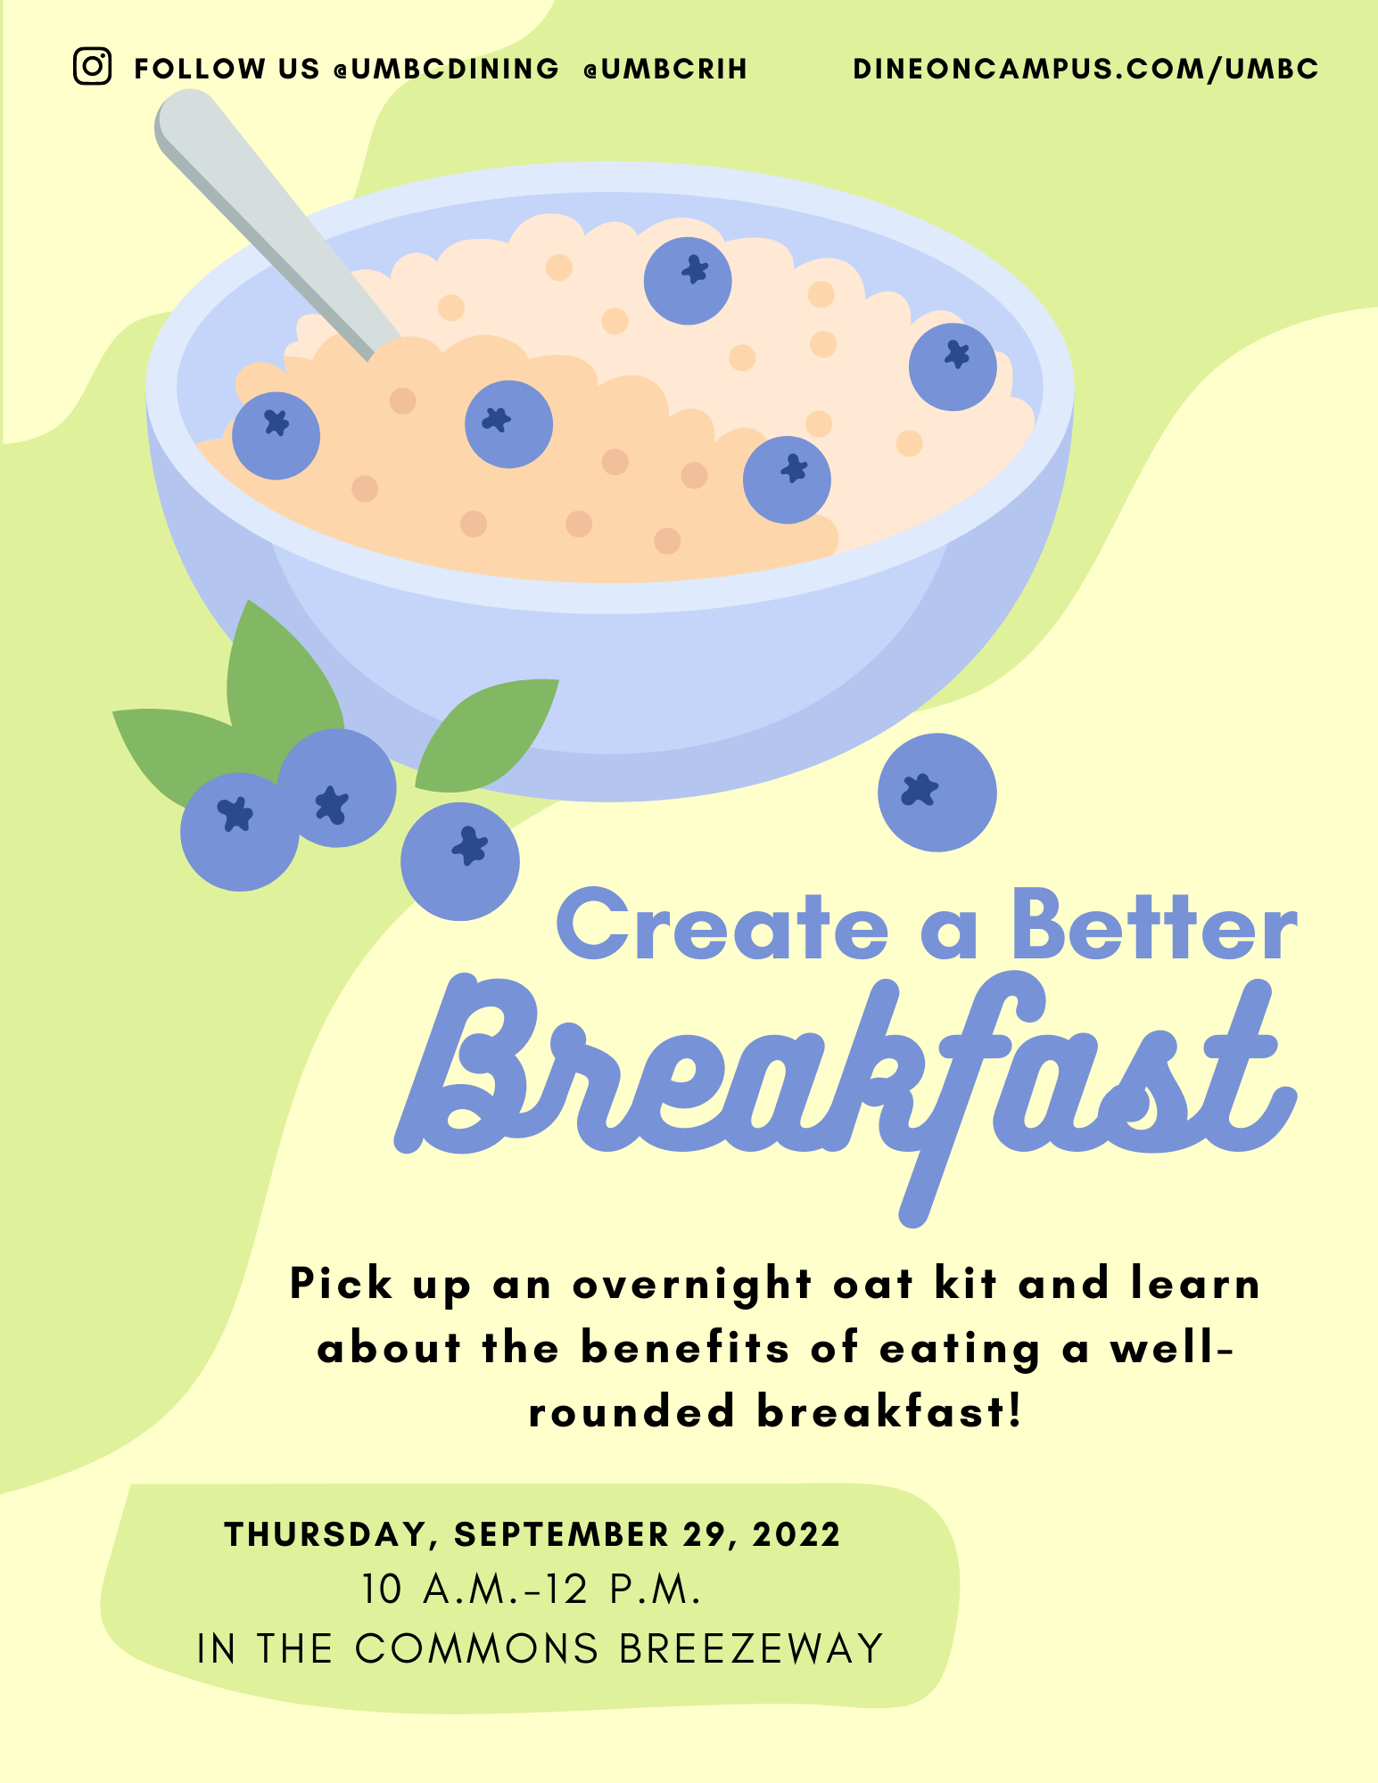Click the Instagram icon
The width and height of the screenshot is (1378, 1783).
[x=92, y=67]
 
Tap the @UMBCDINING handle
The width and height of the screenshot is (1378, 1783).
[x=446, y=69]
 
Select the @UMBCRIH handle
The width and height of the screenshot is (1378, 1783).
[x=665, y=69]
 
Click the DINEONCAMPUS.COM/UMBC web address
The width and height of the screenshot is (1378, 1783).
[x=1085, y=69]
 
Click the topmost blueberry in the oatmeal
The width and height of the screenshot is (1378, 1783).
[x=688, y=281]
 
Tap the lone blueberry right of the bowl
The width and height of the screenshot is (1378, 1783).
[x=937, y=793]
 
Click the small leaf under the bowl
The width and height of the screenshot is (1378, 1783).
[x=486, y=735]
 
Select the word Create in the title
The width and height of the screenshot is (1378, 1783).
[x=722, y=926]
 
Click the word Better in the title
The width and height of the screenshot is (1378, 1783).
[x=1155, y=926]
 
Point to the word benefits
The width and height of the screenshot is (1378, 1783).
[x=685, y=1348]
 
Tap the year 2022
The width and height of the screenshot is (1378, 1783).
[x=796, y=1535]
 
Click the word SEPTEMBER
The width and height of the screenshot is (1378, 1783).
[x=562, y=1535]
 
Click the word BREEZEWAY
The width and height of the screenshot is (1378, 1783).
[x=751, y=1649]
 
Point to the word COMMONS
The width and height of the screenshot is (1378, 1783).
[x=476, y=1649]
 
